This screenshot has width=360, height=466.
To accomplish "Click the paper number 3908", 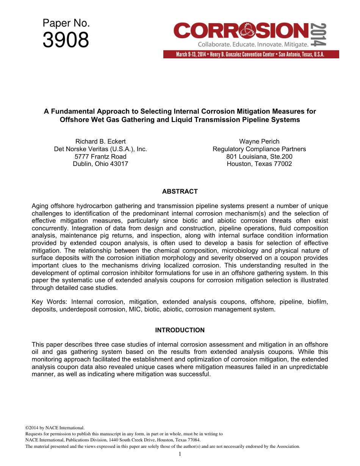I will pos(66,40).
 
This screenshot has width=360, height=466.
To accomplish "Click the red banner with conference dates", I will pos(251,54).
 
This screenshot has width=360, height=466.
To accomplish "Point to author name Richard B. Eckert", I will pos(100,142).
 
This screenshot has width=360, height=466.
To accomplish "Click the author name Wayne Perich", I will pos(259,142).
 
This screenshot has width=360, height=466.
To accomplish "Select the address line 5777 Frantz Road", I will pos(100,156).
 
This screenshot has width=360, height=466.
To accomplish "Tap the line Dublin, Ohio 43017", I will pos(100,164).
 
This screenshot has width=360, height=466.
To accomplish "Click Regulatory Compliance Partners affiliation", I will pos(259,149).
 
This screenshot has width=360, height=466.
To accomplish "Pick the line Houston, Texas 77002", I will pos(259,164).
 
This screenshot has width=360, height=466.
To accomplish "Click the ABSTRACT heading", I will pos(180,191).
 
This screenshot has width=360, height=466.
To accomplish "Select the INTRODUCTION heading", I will pos(180,330).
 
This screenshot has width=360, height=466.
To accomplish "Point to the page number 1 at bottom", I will pos(180,454).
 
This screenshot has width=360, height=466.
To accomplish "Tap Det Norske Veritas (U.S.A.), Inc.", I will pos(100,149).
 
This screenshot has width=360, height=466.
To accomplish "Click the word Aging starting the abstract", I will pos(41,206).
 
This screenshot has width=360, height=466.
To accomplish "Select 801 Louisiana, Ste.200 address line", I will pos(259,156).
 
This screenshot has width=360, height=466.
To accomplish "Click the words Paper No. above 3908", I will pos(66,23).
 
